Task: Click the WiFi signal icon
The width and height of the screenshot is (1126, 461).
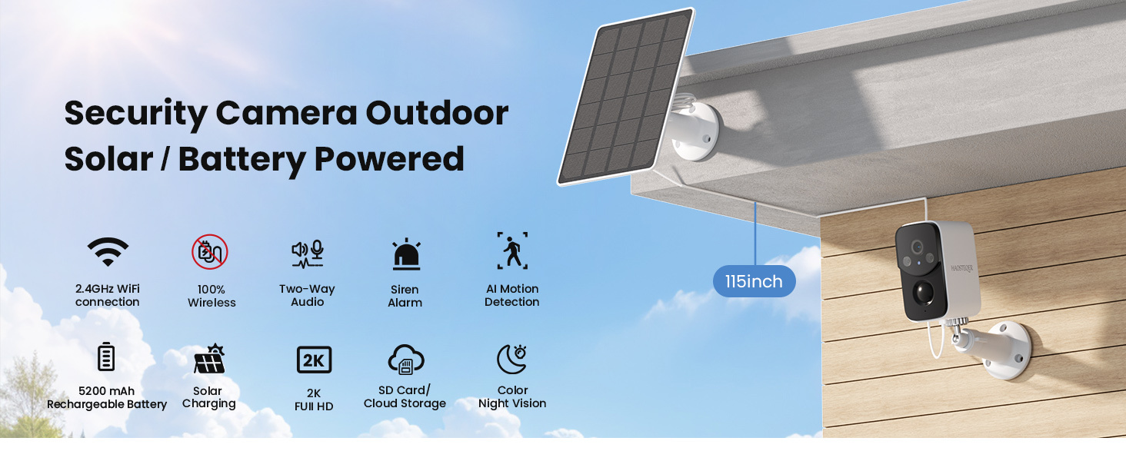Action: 108,251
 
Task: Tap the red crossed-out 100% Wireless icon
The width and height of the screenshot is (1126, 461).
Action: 210,252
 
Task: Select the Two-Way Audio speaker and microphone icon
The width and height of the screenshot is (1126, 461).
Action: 308,253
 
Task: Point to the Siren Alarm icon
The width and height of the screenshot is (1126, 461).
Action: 405,255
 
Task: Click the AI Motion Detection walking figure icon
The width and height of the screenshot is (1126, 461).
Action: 512,251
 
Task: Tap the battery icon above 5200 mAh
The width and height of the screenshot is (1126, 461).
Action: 106,357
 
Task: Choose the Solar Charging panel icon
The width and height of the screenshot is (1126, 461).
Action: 209,359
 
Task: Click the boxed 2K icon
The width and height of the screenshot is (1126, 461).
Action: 314,360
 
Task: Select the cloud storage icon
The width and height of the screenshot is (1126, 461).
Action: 406,359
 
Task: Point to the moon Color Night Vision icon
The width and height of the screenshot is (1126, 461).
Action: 511,359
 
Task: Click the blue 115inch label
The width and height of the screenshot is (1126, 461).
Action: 754,281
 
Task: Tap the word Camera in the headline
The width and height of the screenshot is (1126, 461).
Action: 286,113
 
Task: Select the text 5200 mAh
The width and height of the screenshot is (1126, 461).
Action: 106,391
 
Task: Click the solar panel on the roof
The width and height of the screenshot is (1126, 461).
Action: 625,96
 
